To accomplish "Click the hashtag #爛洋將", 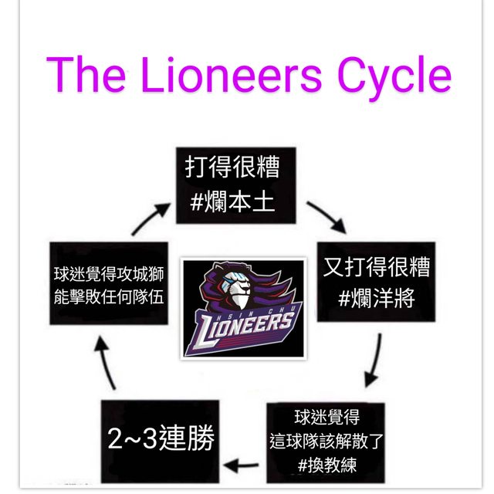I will click(x=375, y=298).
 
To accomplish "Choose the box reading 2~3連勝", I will click(x=161, y=440).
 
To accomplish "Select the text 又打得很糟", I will click(x=375, y=267).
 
